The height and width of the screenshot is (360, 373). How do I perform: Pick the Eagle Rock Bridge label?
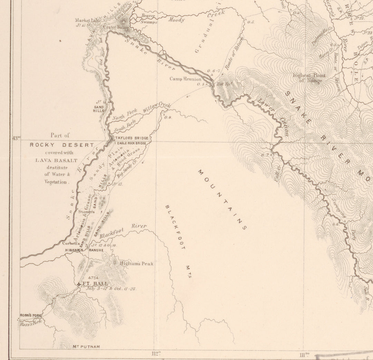(x=132, y=143)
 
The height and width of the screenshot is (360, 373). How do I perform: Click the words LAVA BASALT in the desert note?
(x=56, y=160)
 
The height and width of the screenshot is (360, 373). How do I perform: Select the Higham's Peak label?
(x=136, y=263)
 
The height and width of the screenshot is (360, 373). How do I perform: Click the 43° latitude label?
(x=16, y=138)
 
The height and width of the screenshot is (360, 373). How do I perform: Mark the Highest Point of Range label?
(x=307, y=78)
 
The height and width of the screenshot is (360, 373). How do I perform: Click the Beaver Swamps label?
(x=149, y=19)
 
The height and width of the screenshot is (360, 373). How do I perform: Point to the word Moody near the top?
(x=176, y=20)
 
